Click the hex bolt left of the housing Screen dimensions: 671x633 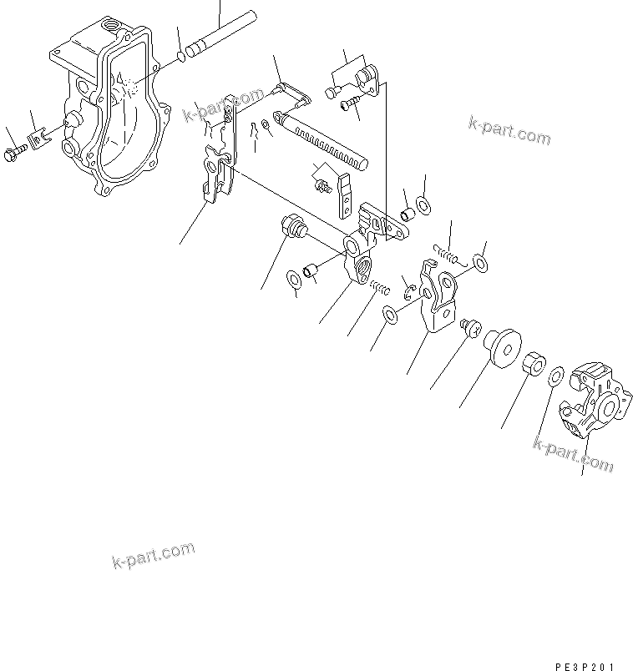[x=15, y=154]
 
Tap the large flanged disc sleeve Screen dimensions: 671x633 [x=499, y=346]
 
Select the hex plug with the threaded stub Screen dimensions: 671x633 [x=292, y=226]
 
